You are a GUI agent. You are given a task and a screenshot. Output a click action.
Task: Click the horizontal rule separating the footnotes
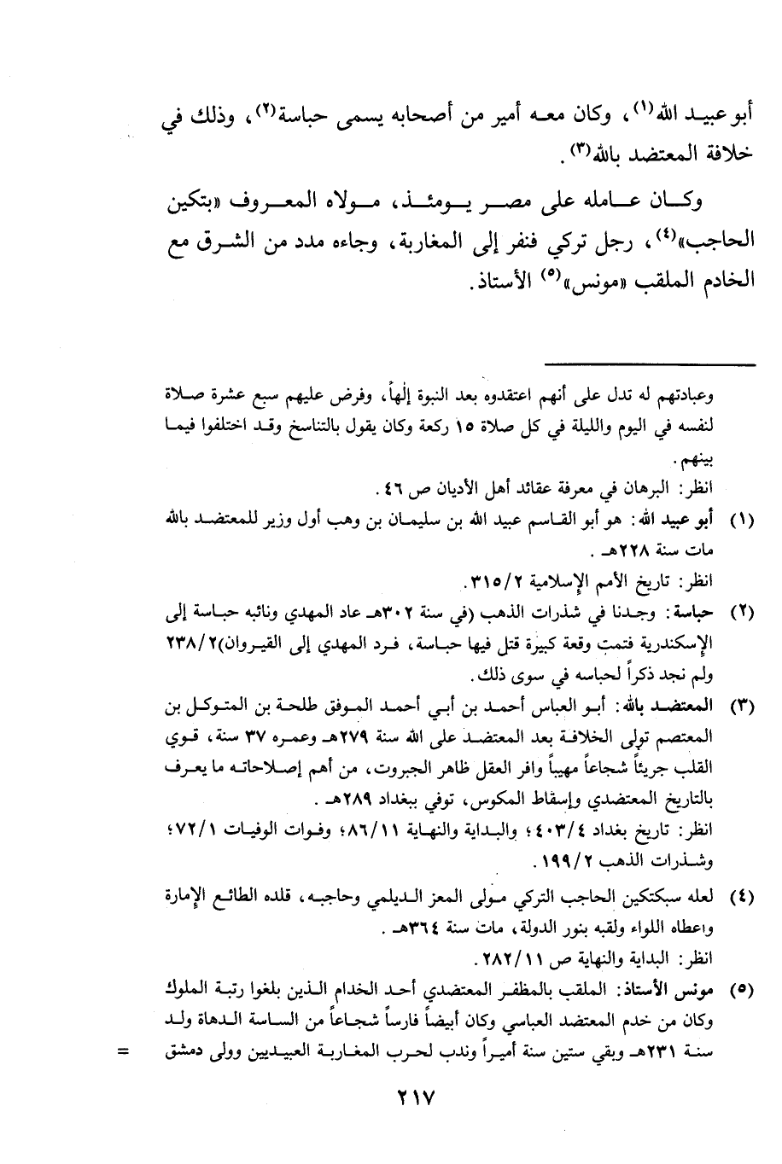(x=657, y=365)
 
